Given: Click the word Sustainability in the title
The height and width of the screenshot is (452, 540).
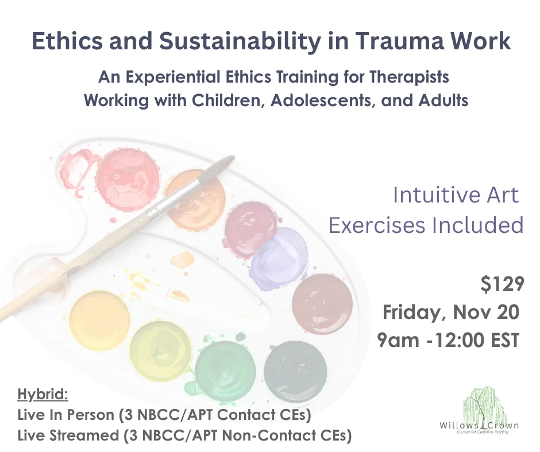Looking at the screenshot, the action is click(x=240, y=41).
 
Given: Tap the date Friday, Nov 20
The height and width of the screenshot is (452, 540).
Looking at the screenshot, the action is click(x=451, y=313).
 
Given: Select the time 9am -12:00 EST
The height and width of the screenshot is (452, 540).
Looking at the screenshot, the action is click(x=448, y=340).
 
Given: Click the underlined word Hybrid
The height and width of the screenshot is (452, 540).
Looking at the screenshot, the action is click(x=43, y=395).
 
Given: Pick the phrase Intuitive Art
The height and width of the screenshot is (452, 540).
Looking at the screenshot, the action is click(x=456, y=195).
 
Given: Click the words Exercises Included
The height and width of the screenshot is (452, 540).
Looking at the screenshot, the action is click(x=426, y=225).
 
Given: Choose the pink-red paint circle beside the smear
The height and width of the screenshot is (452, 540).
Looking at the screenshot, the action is click(x=128, y=180).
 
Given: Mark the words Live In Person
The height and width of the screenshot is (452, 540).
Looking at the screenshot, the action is click(x=65, y=415).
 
